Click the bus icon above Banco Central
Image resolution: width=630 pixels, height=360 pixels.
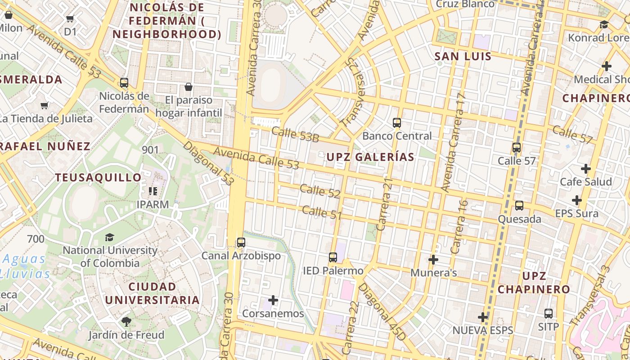click(x=396, y=122)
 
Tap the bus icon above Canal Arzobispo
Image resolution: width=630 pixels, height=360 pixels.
click(x=241, y=243)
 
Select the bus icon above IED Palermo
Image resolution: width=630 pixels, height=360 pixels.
click(x=333, y=257)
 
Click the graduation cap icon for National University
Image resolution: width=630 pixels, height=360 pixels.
click(x=109, y=237)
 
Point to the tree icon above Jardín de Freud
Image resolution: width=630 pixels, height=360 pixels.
click(x=126, y=321)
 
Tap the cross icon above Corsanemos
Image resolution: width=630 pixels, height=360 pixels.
click(x=273, y=300)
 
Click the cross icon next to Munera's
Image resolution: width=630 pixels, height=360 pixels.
click(x=433, y=260)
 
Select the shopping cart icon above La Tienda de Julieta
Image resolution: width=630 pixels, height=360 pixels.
click(x=45, y=105)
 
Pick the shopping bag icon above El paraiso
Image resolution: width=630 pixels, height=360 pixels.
click(x=189, y=86)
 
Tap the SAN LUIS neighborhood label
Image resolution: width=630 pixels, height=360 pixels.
click(x=463, y=57)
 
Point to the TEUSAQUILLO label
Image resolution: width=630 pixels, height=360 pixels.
click(x=98, y=178)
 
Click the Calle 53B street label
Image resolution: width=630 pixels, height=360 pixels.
click(x=295, y=135)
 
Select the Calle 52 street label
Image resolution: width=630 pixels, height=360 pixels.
click(x=320, y=191)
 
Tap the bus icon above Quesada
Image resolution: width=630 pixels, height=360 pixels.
click(x=519, y=206)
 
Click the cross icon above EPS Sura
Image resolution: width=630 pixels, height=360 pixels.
click(x=577, y=200)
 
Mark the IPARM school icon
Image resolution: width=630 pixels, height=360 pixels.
click(x=153, y=191)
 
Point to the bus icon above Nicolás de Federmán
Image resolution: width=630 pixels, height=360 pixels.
click(x=124, y=83)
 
